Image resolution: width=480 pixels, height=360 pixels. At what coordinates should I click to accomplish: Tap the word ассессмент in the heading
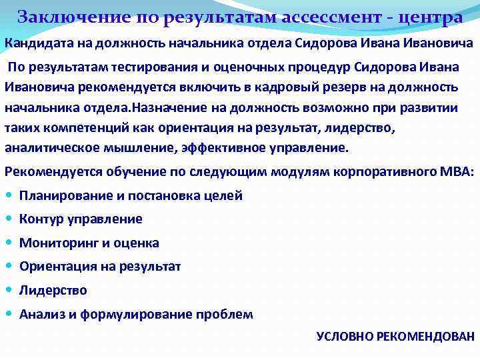[331, 17]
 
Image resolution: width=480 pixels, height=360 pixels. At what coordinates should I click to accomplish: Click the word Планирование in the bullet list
[65, 195]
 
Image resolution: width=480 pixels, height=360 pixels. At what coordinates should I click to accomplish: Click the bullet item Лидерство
[53, 290]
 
